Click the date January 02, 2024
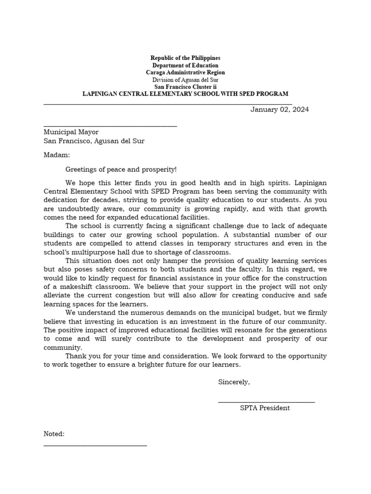[x=279, y=110]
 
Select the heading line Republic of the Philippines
[x=185, y=58]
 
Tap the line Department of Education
[x=185, y=65]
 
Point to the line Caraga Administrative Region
[x=185, y=72]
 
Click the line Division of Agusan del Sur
[x=185, y=80]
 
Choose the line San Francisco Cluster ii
[x=185, y=86]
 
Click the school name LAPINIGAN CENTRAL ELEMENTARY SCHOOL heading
[x=185, y=94]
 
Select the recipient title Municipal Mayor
[x=71, y=132]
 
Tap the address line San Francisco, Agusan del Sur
[x=94, y=141]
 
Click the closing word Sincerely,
[x=234, y=382]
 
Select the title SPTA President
[x=265, y=408]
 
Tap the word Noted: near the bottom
[x=54, y=434]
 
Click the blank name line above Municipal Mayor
[x=110, y=126]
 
